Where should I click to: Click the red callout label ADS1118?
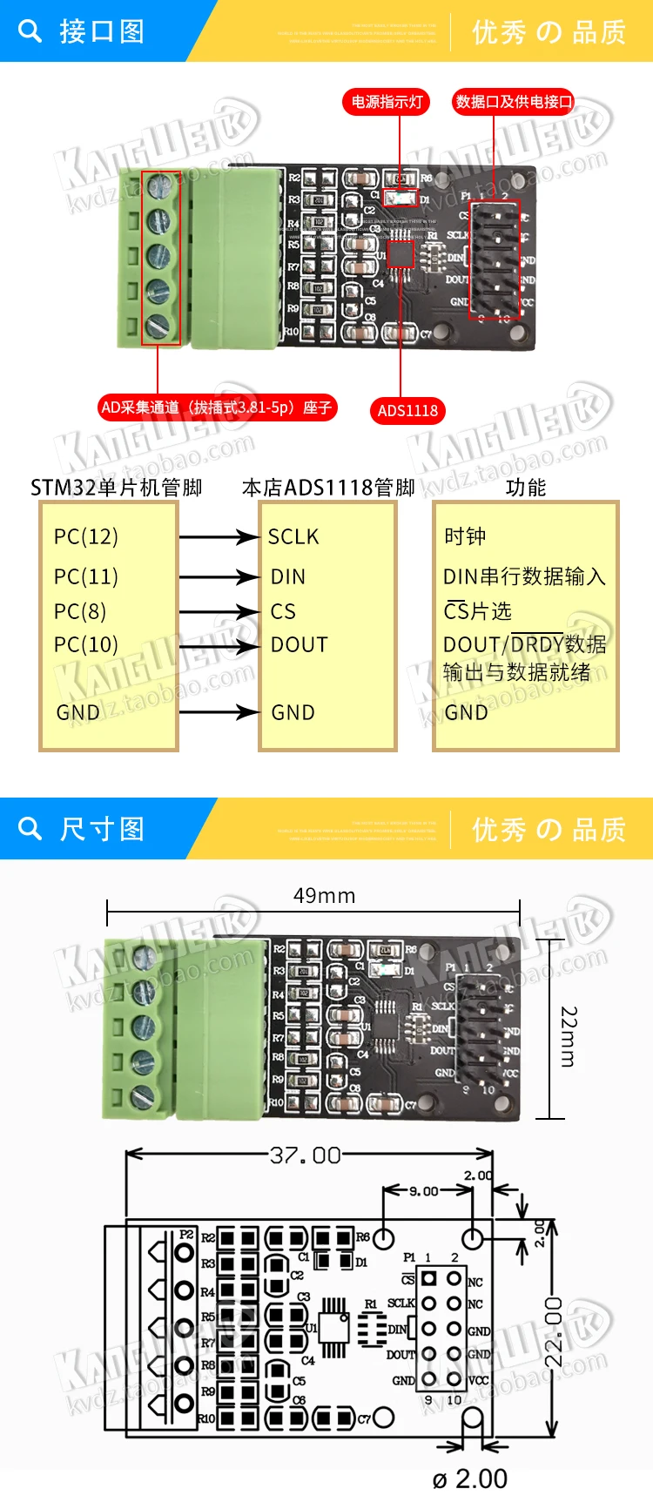click(x=407, y=411)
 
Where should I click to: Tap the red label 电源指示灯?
click(x=387, y=102)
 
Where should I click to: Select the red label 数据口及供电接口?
click(x=514, y=102)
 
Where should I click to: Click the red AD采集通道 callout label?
click(x=217, y=407)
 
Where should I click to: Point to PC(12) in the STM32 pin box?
click(x=85, y=536)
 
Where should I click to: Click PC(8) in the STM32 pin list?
click(x=79, y=611)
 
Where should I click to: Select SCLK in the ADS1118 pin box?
click(x=293, y=536)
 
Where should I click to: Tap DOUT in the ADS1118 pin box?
click(x=300, y=645)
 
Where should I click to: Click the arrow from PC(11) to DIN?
click(x=219, y=576)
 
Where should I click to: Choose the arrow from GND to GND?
click(x=219, y=712)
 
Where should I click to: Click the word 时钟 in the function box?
click(x=465, y=536)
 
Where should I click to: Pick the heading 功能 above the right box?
click(x=526, y=487)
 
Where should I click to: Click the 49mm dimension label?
click(x=324, y=896)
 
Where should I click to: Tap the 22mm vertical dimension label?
click(x=569, y=1036)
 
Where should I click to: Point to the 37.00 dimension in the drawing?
click(x=305, y=1155)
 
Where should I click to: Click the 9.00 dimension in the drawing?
click(x=424, y=1191)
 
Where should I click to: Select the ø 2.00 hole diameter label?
click(x=469, y=1478)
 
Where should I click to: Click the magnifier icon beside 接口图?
click(x=30, y=31)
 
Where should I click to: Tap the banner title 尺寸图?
click(x=102, y=829)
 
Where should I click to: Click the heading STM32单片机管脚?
click(x=116, y=487)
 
